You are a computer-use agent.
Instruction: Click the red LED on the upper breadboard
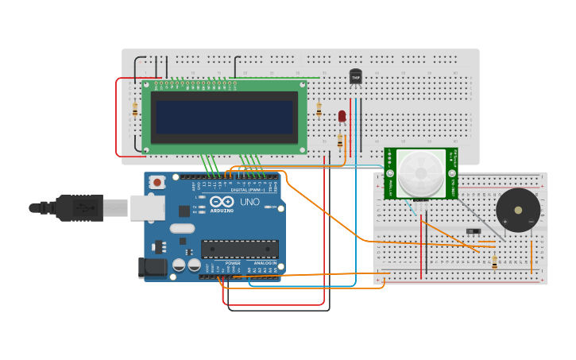point(342,116)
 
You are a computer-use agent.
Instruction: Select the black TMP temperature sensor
point(356,76)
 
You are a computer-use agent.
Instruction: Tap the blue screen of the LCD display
point(224,117)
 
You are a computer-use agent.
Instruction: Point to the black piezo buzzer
point(518,210)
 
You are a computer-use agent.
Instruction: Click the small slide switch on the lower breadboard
point(474,231)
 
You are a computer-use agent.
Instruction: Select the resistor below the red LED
point(340,141)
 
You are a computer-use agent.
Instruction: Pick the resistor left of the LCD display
point(135,110)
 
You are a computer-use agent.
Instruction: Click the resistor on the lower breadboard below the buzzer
point(494,261)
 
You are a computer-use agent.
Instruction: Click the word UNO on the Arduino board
point(249,203)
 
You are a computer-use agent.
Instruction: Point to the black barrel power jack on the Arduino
point(153,269)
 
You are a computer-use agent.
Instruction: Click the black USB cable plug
point(79,207)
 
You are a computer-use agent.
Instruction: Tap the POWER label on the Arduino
point(232,263)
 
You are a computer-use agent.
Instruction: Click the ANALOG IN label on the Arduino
point(265,263)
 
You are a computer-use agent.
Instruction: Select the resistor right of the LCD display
point(319,110)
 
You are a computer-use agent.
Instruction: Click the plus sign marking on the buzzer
point(504,221)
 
